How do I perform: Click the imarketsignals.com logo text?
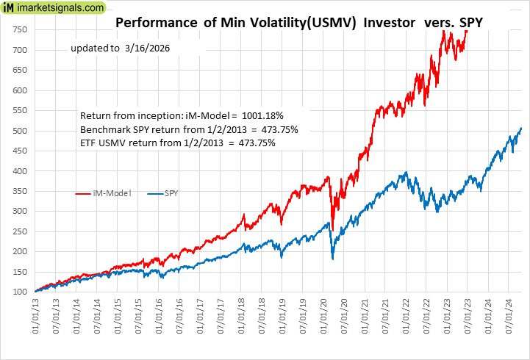62,8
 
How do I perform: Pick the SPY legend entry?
168,194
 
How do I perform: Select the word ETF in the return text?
89,143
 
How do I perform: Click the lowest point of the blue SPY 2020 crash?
333,259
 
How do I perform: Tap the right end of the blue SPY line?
521,129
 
